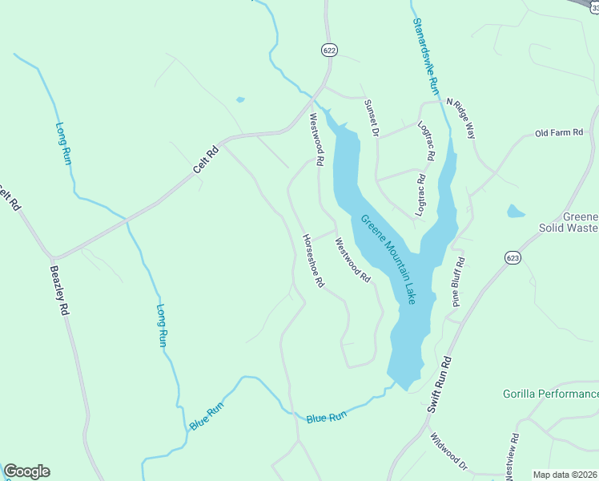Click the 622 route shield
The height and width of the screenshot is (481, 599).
(x=329, y=50)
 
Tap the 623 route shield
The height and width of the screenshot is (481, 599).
(x=513, y=257)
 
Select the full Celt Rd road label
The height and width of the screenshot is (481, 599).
(x=206, y=160)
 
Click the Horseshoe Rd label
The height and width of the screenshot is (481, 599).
(x=313, y=261)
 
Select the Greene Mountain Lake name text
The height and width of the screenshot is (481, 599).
(x=388, y=259)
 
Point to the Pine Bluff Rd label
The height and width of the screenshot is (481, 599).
(x=459, y=283)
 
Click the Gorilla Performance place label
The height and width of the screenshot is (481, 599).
(x=550, y=394)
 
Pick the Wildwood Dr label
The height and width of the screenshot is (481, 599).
(x=448, y=451)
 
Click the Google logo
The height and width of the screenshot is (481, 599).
(x=26, y=471)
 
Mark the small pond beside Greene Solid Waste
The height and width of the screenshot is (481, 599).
(x=516, y=212)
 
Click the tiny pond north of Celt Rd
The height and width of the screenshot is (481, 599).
(x=240, y=100)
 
